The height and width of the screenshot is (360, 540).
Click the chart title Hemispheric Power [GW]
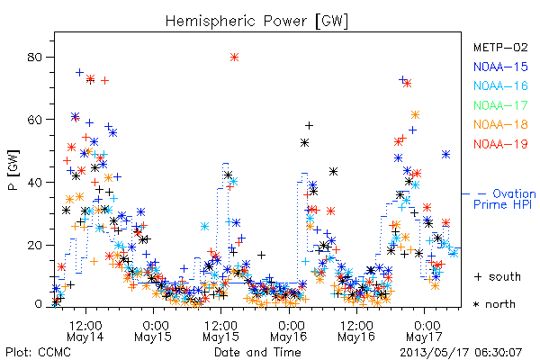click(256, 22)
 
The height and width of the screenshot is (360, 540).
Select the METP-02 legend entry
click(500, 47)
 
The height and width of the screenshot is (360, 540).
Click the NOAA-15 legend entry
click(500, 67)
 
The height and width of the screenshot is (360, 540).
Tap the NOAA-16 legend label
click(500, 85)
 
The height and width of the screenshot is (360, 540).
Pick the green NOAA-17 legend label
click(500, 105)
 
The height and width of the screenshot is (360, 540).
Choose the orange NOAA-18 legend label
click(500, 124)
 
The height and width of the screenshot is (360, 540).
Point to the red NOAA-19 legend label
click(500, 144)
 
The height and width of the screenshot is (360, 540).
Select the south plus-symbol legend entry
click(498, 276)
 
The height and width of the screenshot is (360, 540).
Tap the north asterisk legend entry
click(494, 304)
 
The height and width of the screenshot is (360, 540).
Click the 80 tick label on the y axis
click(35, 58)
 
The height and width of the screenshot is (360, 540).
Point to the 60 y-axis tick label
click(35, 120)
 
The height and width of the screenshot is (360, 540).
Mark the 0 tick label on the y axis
click(39, 304)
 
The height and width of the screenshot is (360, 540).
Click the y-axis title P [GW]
click(13, 170)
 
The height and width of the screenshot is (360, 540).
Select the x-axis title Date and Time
click(257, 353)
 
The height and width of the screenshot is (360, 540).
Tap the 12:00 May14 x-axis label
click(85, 331)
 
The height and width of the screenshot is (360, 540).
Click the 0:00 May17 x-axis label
click(424, 331)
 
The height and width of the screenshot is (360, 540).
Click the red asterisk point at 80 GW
click(235, 58)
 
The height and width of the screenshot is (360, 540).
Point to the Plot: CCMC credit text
click(38, 353)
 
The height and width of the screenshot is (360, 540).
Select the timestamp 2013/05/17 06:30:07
click(461, 353)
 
